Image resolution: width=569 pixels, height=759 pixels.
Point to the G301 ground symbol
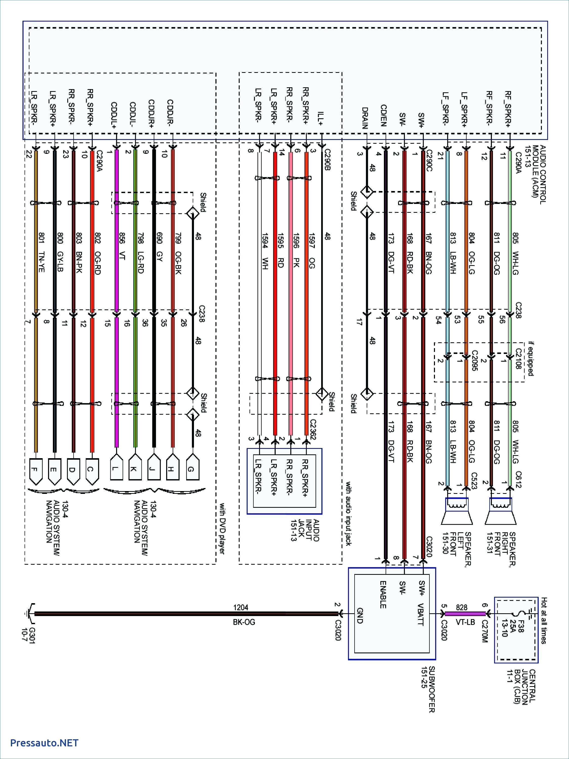pos(30,614)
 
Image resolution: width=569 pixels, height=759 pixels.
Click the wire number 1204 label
pos(240,608)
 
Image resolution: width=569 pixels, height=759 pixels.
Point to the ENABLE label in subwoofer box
pos(383,595)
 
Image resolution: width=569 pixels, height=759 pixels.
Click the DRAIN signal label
pos(365,118)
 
